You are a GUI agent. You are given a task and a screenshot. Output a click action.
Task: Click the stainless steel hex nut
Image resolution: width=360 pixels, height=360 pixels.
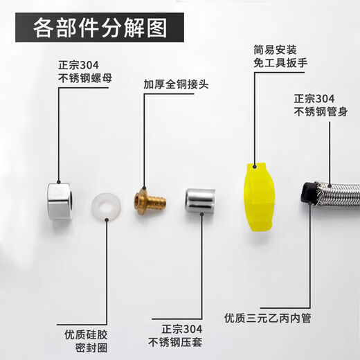tap(61, 201)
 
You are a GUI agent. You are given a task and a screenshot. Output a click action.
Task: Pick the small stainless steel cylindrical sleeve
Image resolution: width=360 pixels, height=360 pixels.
tap(199, 201)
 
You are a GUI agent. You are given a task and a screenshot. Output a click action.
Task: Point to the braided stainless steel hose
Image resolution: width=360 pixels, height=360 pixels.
tap(336, 195)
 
